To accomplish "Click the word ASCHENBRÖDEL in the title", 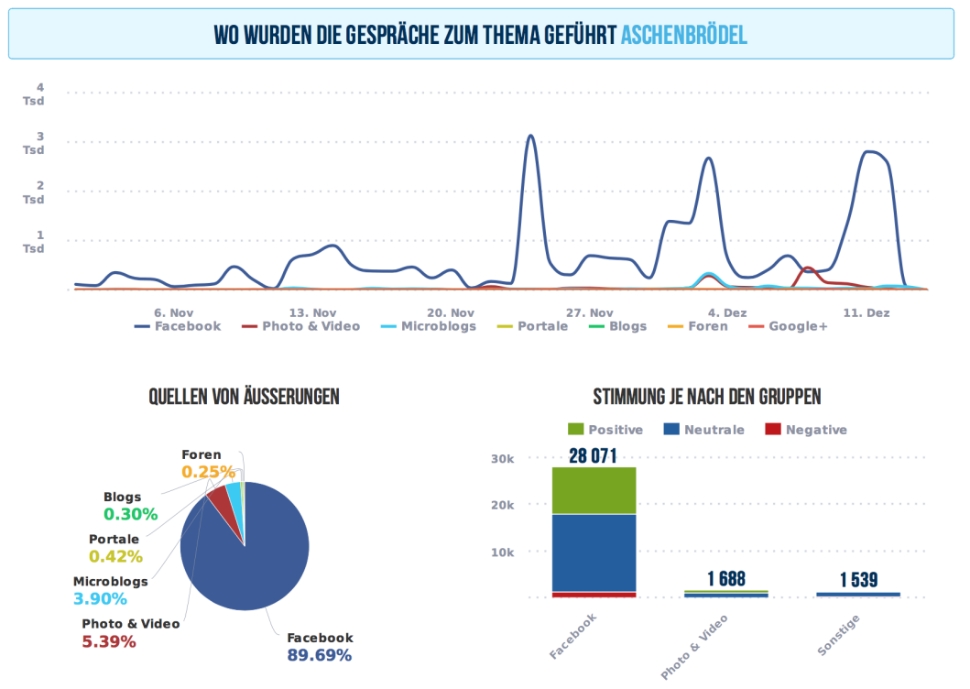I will coord(683,35).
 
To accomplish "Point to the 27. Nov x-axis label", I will coord(590,312).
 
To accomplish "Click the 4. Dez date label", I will coord(726,312).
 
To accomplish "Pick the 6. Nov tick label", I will coord(174,312).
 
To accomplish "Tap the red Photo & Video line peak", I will coord(807,268).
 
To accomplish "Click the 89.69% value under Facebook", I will coord(320,655).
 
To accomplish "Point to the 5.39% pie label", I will coord(109,641).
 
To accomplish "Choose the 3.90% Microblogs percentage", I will coord(100,598).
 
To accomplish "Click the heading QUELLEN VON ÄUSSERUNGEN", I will coord(245,397).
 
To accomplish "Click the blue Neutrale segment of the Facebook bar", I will coord(594,552).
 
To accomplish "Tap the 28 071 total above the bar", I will coord(593,455).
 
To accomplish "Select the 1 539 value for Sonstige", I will coord(858,580).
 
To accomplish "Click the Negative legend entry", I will coord(806,430).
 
